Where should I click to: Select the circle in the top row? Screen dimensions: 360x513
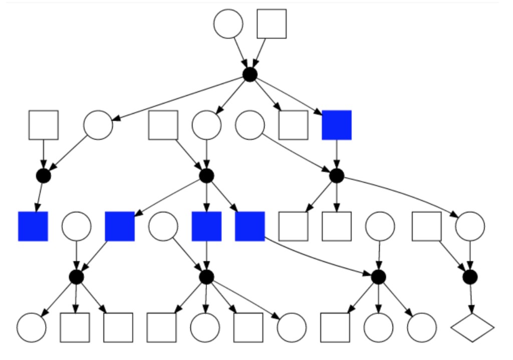tap(228, 24)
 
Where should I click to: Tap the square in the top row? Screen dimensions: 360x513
tap(272, 24)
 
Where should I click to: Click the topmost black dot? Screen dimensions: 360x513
tap(250, 75)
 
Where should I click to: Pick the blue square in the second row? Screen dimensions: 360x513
tap(337, 125)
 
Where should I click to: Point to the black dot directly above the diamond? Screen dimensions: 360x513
tap(470, 276)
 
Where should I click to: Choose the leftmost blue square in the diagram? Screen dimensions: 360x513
tap(33, 226)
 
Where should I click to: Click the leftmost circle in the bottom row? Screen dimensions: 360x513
tap(31, 327)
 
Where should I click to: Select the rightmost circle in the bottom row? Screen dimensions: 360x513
tap(422, 327)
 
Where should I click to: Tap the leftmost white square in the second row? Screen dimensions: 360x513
tap(44, 125)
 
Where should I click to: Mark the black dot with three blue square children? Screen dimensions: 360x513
tap(206, 176)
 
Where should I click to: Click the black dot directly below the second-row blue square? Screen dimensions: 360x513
tap(337, 176)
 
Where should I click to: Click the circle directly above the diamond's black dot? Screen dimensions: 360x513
tap(470, 226)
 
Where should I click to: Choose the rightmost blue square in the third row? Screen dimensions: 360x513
tap(250, 226)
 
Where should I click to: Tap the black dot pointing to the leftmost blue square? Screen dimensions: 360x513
tap(44, 176)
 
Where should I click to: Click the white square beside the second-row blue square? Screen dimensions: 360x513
tap(293, 125)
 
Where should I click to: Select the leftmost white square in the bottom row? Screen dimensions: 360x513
tap(75, 327)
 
